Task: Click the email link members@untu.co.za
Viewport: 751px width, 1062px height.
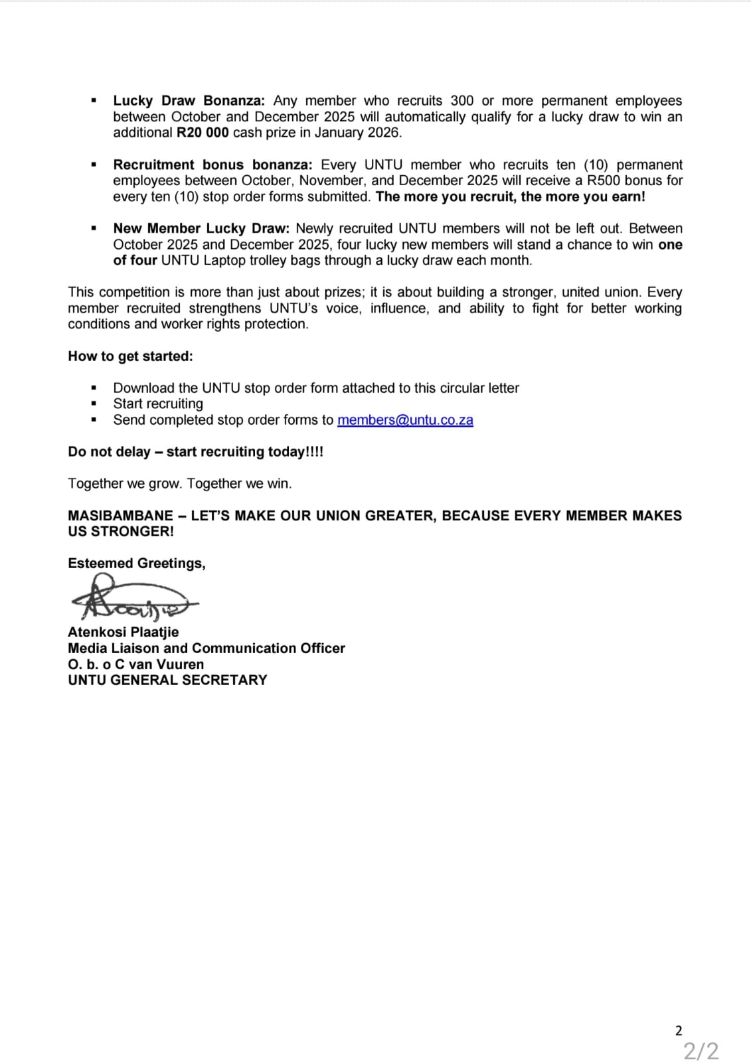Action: pyautogui.click(x=405, y=420)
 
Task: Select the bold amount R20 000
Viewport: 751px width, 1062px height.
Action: pyautogui.click(x=203, y=133)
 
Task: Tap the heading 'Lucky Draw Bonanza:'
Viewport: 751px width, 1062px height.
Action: pyautogui.click(x=189, y=101)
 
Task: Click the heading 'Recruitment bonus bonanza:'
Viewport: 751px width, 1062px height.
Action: pyautogui.click(x=212, y=165)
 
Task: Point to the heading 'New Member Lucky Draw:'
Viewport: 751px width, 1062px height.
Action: pyautogui.click(x=201, y=228)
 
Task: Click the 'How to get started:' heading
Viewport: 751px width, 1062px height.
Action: pyautogui.click(x=130, y=356)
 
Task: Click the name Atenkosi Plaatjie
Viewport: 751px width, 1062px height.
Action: pyautogui.click(x=123, y=633)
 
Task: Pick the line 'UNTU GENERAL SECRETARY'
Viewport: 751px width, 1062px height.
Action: pyautogui.click(x=167, y=680)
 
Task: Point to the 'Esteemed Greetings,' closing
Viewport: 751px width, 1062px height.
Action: pyautogui.click(x=137, y=564)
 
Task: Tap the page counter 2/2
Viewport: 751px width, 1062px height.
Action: pyautogui.click(x=701, y=1051)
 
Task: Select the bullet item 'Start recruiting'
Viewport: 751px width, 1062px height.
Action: pyautogui.click(x=158, y=404)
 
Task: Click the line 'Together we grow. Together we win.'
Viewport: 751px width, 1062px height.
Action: pyautogui.click(x=179, y=484)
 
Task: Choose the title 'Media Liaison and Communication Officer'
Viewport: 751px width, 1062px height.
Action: pyautogui.click(x=206, y=648)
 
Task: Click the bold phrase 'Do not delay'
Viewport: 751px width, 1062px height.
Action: pyautogui.click(x=109, y=452)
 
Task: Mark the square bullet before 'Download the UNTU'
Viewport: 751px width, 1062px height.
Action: pyautogui.click(x=94, y=388)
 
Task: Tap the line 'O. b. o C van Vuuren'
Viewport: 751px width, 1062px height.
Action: pyautogui.click(x=135, y=664)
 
